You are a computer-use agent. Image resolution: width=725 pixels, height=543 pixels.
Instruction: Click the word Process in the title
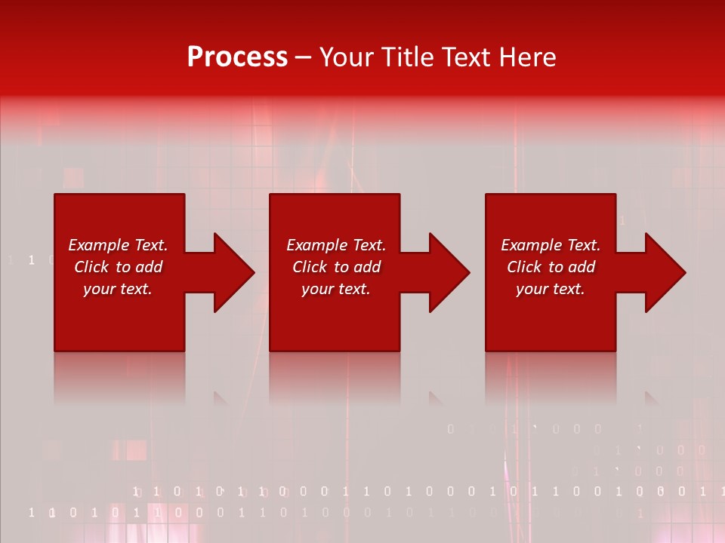click(x=237, y=57)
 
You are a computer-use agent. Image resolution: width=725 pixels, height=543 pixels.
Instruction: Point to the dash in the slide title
click(x=304, y=58)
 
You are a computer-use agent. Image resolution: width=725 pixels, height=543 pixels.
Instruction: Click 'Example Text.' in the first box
click(x=118, y=245)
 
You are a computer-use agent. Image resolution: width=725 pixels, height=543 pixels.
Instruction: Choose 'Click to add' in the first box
click(x=118, y=267)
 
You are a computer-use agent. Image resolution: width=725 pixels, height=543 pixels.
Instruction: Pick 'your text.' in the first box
click(x=118, y=289)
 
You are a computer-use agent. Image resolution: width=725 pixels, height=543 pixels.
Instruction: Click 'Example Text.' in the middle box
click(x=335, y=245)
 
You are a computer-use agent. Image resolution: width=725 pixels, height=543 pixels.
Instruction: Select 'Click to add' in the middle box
click(x=335, y=267)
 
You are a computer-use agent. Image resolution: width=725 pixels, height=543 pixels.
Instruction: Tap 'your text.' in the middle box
click(x=335, y=289)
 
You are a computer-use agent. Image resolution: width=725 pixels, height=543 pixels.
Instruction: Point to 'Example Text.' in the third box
click(x=551, y=245)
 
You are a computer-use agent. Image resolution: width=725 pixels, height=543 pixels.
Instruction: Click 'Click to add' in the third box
click(x=551, y=267)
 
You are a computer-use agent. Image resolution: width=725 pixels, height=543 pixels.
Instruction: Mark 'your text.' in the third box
click(x=551, y=289)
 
